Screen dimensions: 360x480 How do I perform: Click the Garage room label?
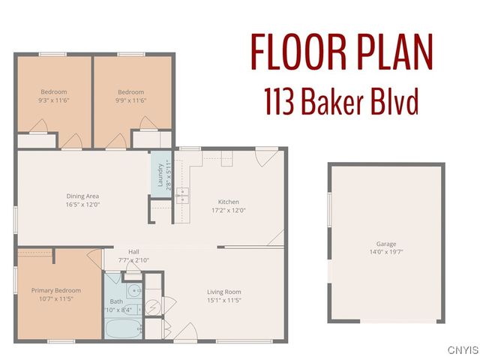[x=386, y=244]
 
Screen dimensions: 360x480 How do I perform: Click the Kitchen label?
[x=228, y=202]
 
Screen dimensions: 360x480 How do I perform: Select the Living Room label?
[x=223, y=292]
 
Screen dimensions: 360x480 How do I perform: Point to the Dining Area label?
[x=82, y=196]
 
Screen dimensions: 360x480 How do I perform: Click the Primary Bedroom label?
[x=56, y=290]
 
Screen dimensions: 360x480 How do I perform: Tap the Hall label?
[x=133, y=252]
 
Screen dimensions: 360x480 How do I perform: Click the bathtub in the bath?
[x=121, y=328]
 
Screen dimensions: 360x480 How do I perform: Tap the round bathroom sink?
[x=133, y=292]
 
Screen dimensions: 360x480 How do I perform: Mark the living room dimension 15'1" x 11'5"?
[x=223, y=301]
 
